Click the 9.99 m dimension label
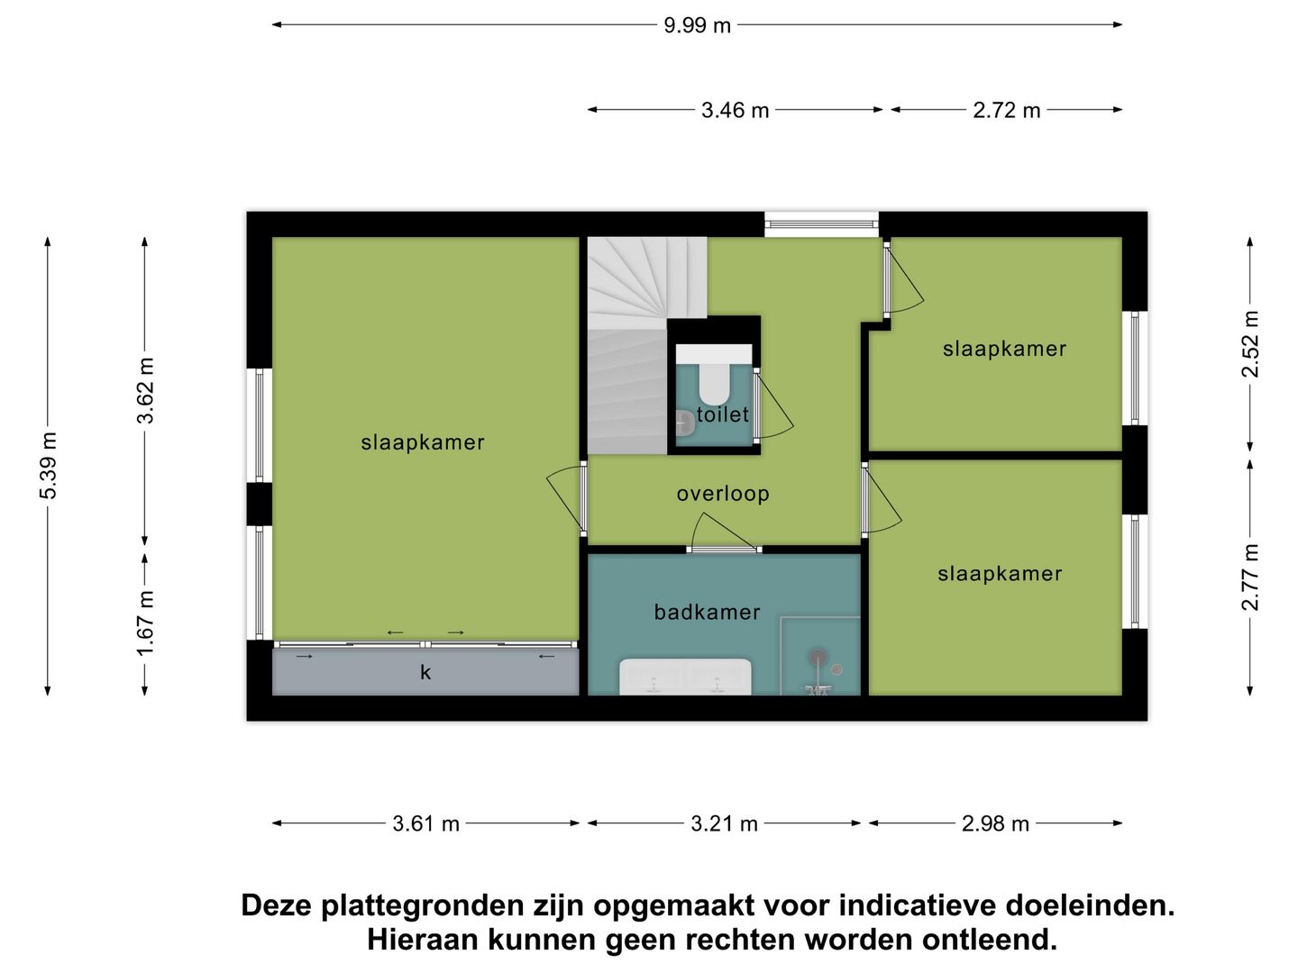point(697,25)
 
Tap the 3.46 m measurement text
point(735,110)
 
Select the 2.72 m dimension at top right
point(1006,110)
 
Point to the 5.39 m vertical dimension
point(48,465)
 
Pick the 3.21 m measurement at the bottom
point(724,823)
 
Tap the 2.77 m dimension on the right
point(1250,577)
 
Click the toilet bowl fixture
point(714,383)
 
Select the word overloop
point(723,494)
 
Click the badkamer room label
point(707,613)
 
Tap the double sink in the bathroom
point(685,677)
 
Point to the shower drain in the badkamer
point(818,657)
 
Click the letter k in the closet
point(425,672)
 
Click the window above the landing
point(821,223)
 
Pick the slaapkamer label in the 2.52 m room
point(1004,350)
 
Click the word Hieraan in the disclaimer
point(422,940)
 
